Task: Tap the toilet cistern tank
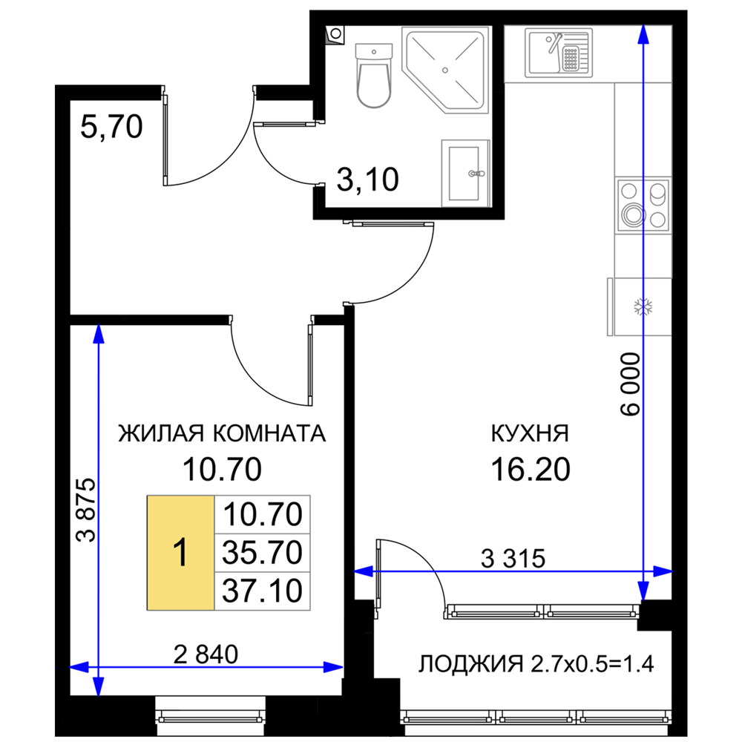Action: (x=374, y=52)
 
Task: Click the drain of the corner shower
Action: (x=444, y=70)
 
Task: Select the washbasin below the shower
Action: (x=464, y=172)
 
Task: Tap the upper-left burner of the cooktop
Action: (x=630, y=191)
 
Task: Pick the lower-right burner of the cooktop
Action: (x=657, y=219)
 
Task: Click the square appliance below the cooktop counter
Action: (x=640, y=306)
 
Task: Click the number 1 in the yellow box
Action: (x=180, y=554)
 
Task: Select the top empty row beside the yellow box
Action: (x=262, y=513)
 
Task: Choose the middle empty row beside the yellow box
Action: (x=262, y=553)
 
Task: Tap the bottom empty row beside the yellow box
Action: (x=262, y=592)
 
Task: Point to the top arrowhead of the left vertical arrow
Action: (x=98, y=335)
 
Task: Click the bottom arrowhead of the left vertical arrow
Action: (x=98, y=686)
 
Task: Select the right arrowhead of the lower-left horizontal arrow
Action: (x=335, y=667)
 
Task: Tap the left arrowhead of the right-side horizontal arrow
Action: (x=363, y=571)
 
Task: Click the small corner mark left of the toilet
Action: (x=329, y=39)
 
